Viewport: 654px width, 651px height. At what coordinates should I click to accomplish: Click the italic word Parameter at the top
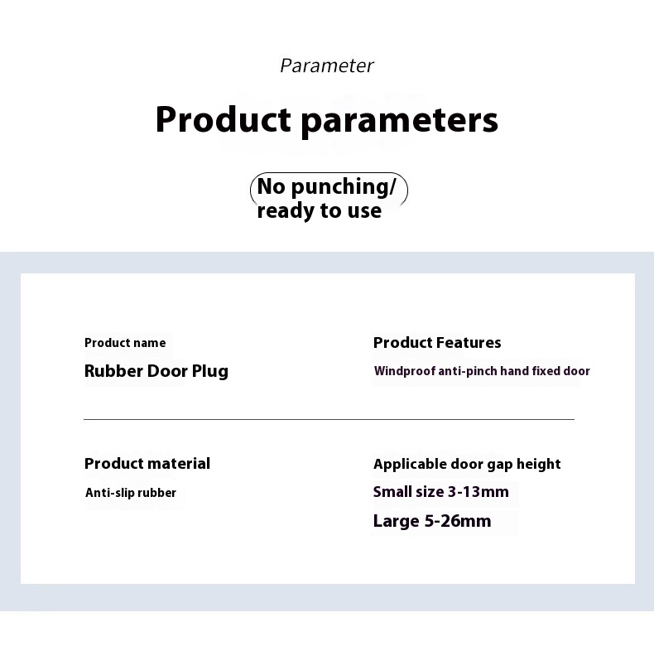pos(327,65)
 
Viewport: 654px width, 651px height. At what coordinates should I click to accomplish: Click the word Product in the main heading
pos(224,119)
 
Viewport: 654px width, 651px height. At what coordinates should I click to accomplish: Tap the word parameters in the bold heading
pos(400,122)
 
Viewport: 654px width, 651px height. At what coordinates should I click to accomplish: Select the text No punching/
pos(326,186)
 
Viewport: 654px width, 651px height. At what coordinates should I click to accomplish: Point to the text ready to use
pos(319,210)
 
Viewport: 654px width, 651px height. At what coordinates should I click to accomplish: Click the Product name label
pos(125,343)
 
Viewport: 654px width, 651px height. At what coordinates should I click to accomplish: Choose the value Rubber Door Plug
pos(156,371)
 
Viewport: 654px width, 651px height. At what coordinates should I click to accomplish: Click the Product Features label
pos(437,343)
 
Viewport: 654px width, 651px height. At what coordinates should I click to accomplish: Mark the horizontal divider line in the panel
pos(329,419)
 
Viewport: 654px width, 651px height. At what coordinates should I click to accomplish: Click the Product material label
pos(147,464)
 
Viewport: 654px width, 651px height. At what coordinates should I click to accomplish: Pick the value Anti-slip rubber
pos(131,493)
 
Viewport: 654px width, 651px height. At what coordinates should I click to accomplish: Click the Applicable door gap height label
pos(467,465)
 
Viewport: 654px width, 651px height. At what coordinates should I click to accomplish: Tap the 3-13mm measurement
pos(478,492)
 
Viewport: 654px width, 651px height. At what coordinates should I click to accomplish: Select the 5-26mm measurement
pos(458,521)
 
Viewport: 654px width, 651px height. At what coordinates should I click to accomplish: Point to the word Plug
pos(210,371)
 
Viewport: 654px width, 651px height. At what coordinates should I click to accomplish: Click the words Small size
pos(409,492)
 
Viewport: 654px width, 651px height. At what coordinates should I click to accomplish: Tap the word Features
pos(469,343)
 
